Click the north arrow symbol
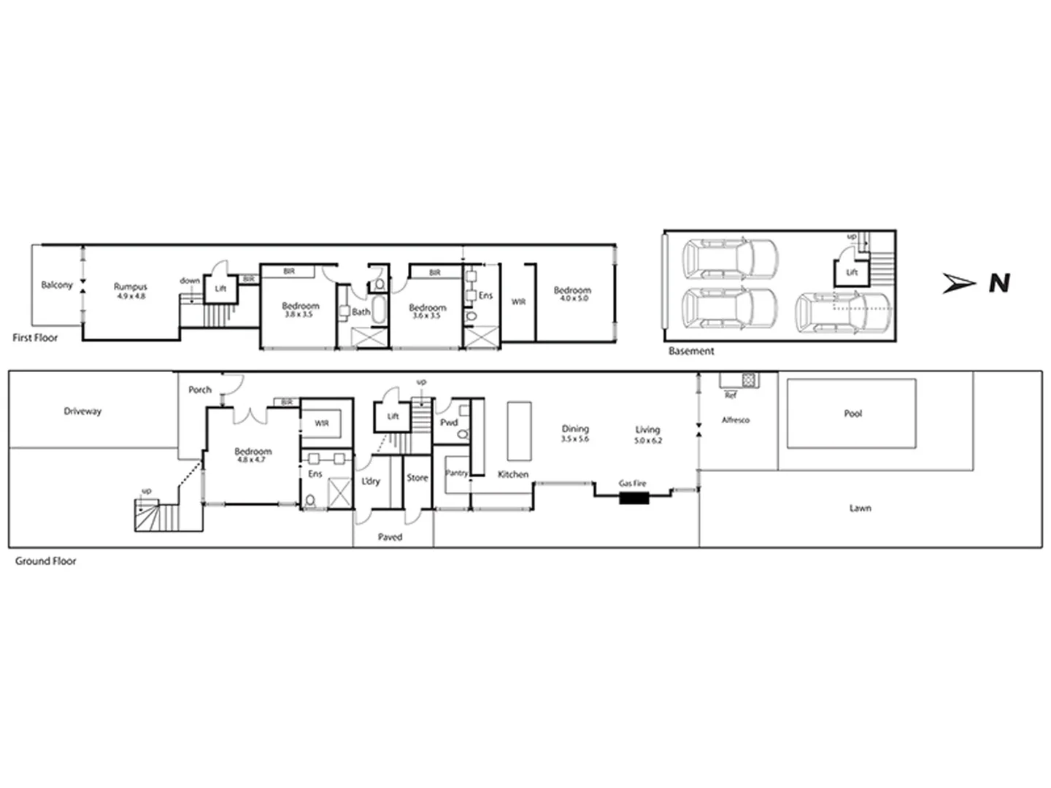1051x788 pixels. click(x=958, y=283)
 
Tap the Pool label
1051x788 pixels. click(x=852, y=414)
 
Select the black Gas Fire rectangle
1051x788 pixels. click(x=634, y=498)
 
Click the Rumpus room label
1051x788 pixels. click(x=131, y=290)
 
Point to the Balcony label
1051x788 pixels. click(x=57, y=285)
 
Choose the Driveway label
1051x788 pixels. click(x=82, y=412)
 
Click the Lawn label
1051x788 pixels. click(x=860, y=508)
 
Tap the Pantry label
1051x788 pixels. click(x=456, y=473)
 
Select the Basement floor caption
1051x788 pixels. click(x=691, y=351)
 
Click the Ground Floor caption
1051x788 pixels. click(x=46, y=561)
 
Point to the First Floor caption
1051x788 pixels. click(x=35, y=338)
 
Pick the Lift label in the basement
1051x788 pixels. click(x=852, y=273)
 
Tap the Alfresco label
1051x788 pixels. click(x=736, y=420)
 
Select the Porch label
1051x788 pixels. click(x=200, y=390)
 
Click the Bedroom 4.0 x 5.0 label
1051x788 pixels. click(x=572, y=293)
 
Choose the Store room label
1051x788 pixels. click(x=417, y=478)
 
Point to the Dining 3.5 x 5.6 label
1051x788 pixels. click(x=575, y=433)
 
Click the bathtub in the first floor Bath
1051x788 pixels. click(x=380, y=306)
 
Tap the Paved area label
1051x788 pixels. click(x=390, y=537)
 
